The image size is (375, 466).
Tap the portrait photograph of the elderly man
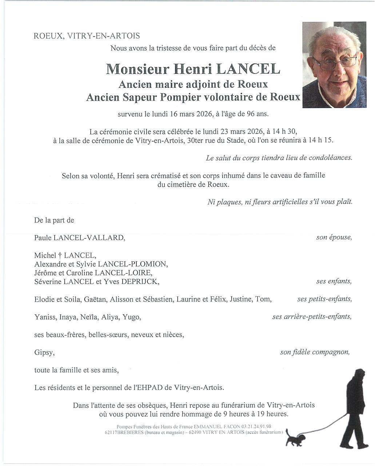tap(335, 65)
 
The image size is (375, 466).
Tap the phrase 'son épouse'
tap(334, 237)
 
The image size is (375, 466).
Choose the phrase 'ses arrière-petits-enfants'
tap(312, 317)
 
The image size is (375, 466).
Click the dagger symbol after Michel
tap(60, 256)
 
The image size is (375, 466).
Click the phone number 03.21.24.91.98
tap(254, 426)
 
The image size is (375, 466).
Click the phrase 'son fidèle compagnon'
tap(315, 352)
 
